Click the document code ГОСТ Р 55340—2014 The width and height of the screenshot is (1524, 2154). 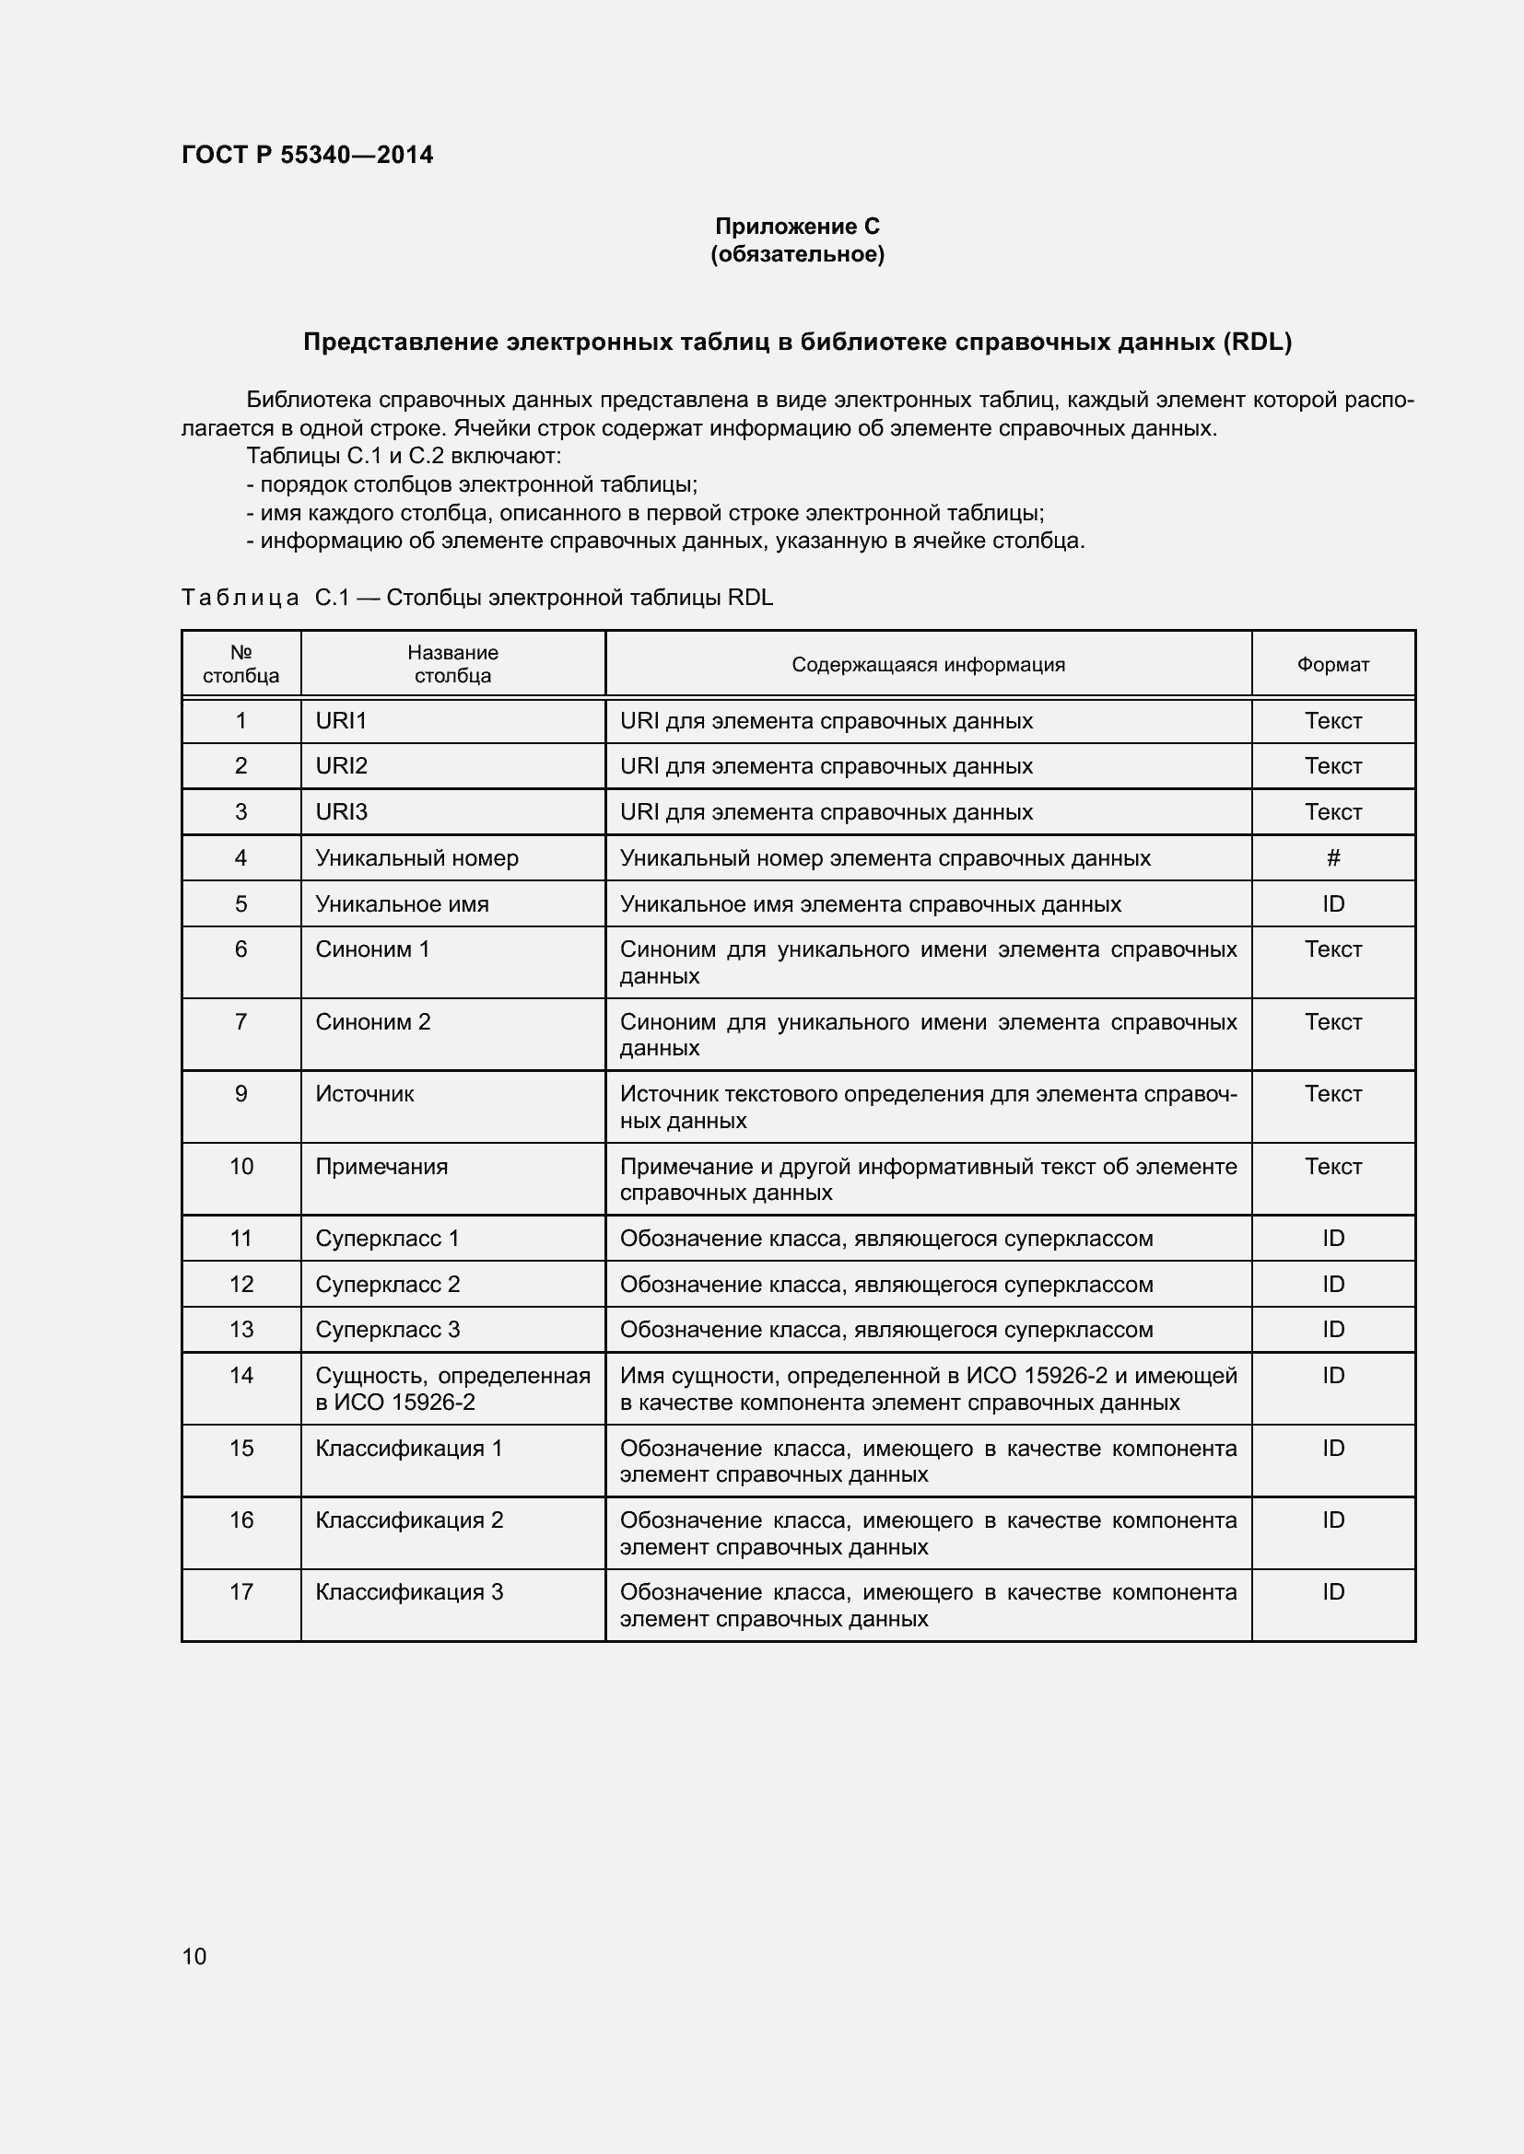click(307, 155)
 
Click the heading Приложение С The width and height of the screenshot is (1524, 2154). click(797, 227)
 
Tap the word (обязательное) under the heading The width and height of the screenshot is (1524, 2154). click(797, 254)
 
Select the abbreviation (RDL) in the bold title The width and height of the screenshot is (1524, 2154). click(1257, 343)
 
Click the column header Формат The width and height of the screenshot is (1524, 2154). click(1332, 664)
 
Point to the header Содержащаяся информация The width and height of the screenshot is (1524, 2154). click(927, 664)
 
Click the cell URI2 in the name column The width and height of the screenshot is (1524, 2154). click(342, 765)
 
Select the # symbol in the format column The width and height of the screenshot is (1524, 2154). click(1332, 857)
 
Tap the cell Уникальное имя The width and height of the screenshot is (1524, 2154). click(402, 903)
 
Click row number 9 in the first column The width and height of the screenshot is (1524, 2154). click(241, 1094)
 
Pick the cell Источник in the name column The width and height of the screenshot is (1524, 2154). click(364, 1094)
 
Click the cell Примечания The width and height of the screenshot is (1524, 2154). click(381, 1166)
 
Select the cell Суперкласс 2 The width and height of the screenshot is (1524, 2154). click(388, 1284)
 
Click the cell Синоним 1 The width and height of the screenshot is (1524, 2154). click(371, 949)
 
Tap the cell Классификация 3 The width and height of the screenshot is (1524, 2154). click(409, 1591)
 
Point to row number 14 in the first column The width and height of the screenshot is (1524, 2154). click(241, 1375)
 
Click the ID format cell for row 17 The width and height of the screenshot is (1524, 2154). click(1332, 1591)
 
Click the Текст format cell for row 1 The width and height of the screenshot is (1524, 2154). click(1332, 720)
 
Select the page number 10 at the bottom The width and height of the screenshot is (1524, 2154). click(194, 1956)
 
